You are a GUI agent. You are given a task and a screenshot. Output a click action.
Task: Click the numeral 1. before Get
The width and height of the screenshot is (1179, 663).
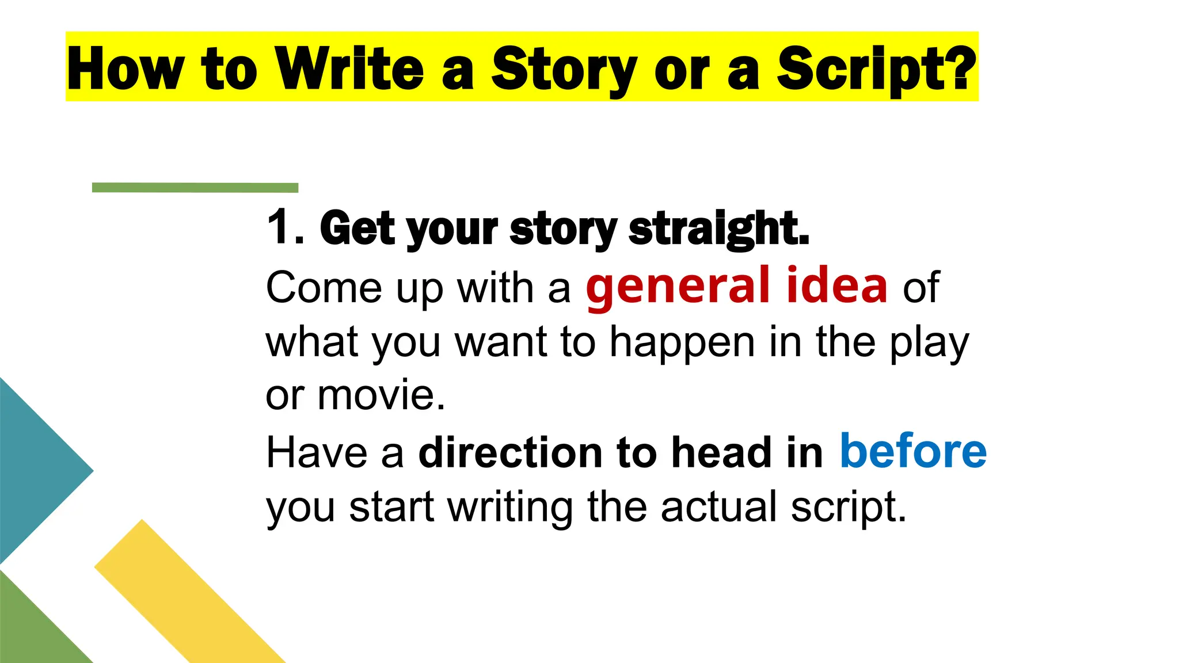pyautogui.click(x=286, y=227)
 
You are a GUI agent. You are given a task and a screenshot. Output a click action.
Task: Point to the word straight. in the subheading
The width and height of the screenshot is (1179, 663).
pyautogui.click(x=719, y=228)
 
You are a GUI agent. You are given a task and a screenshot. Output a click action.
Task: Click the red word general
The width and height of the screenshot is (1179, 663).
pyautogui.click(x=678, y=286)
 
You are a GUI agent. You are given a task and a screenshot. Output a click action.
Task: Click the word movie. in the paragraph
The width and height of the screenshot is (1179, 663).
pyautogui.click(x=381, y=395)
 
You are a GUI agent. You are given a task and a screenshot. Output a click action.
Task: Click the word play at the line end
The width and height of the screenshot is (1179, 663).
pyautogui.click(x=929, y=342)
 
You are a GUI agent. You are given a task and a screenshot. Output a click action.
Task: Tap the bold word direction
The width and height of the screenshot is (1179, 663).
pyautogui.click(x=509, y=452)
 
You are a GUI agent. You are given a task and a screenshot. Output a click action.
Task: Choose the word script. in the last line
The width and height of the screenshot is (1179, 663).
pyautogui.click(x=849, y=507)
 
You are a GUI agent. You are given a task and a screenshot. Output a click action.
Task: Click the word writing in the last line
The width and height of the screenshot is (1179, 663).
pyautogui.click(x=510, y=507)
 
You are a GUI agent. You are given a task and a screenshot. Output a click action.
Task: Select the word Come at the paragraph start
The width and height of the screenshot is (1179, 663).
pyautogui.click(x=324, y=287)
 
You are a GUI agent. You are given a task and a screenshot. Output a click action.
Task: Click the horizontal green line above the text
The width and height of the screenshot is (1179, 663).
pyautogui.click(x=195, y=188)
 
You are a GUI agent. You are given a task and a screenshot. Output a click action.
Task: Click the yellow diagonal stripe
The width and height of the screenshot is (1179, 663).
pyautogui.click(x=190, y=593)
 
